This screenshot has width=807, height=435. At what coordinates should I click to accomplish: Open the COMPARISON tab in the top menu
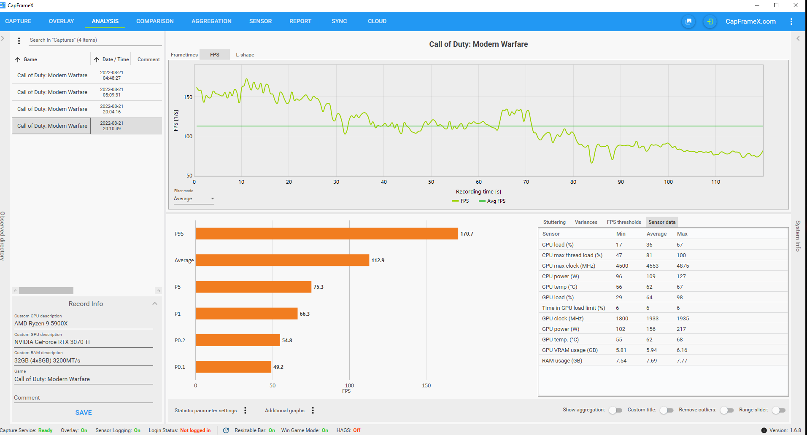tap(155, 21)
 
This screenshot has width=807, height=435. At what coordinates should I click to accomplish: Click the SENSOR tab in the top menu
tap(260, 21)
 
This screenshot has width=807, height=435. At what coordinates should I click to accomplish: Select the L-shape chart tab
tap(245, 55)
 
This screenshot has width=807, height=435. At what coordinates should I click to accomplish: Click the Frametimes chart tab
tap(184, 55)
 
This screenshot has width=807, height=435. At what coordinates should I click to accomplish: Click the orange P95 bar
tap(327, 234)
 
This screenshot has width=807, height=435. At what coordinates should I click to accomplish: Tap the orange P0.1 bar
tap(233, 367)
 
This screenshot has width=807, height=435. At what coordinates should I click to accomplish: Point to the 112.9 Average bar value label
tap(378, 260)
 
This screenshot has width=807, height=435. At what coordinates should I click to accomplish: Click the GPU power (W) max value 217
tap(681, 329)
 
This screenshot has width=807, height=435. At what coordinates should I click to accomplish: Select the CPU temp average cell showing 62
tap(649, 287)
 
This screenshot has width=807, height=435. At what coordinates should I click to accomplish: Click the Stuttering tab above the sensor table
tap(554, 222)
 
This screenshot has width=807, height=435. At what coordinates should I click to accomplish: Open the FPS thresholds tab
tap(624, 222)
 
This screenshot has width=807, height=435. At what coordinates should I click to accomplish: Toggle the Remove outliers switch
tap(727, 410)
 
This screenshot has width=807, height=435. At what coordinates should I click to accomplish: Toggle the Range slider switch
tap(779, 410)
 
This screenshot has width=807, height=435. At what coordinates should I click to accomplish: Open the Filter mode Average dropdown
tap(194, 199)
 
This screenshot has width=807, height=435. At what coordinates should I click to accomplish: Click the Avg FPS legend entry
tap(492, 201)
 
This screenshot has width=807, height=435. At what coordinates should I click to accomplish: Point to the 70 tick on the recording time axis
tap(526, 182)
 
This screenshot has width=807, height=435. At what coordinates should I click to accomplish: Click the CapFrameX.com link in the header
tap(750, 21)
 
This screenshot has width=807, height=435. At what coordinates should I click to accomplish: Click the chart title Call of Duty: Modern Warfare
tap(478, 44)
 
